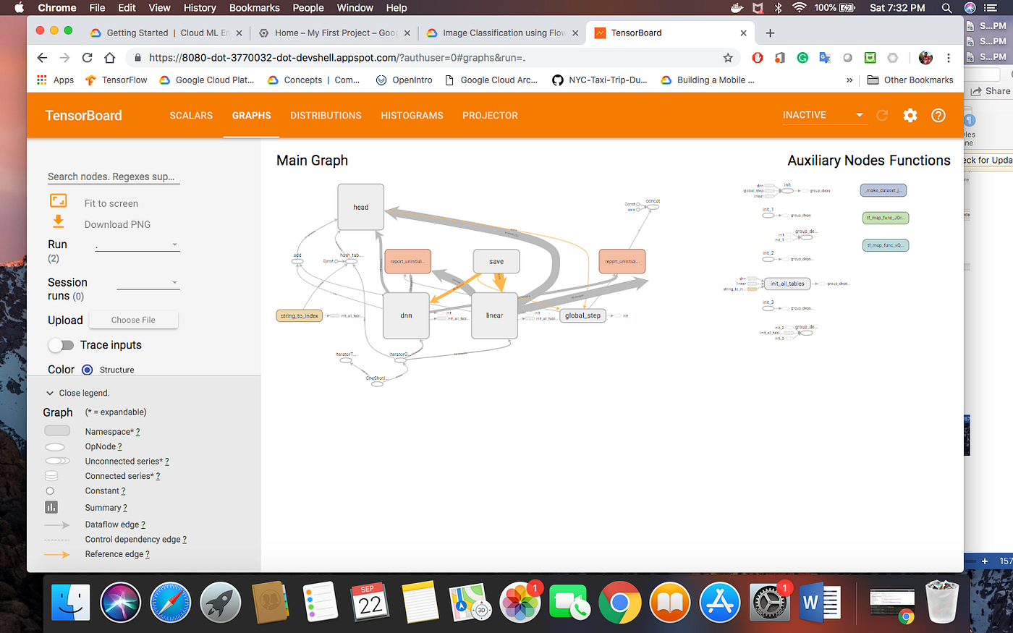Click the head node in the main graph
tap(360, 207)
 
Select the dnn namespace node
tap(406, 315)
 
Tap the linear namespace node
tap(494, 315)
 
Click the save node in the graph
tap(496, 261)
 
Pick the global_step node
tap(582, 315)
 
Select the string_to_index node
tap(300, 315)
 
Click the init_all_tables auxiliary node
tap(787, 284)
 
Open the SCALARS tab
tap(191, 116)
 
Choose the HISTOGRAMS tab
tap(412, 116)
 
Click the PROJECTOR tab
tap(490, 116)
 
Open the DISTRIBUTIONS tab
tap(326, 116)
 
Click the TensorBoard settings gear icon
tap(910, 115)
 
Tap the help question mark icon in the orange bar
tap(938, 115)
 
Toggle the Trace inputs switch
tap(62, 345)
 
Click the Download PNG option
tap(117, 224)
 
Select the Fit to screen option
tap(111, 203)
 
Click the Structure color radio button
tap(88, 370)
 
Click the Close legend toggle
tap(78, 393)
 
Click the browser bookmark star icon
tap(728, 58)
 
